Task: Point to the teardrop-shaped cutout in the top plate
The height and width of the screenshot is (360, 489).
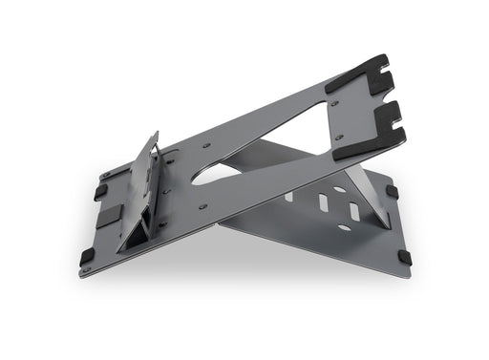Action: (222, 173)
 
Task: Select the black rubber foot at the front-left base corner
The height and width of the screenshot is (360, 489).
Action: (87, 256)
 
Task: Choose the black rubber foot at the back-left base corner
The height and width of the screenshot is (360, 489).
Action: (100, 191)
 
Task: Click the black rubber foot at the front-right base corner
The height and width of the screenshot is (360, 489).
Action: (404, 255)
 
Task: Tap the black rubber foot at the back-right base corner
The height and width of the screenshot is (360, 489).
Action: (392, 190)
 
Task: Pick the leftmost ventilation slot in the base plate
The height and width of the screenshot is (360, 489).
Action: (288, 197)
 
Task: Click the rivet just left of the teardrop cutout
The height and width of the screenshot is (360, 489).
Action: (206, 146)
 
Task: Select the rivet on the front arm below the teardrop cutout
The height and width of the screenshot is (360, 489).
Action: (202, 204)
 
